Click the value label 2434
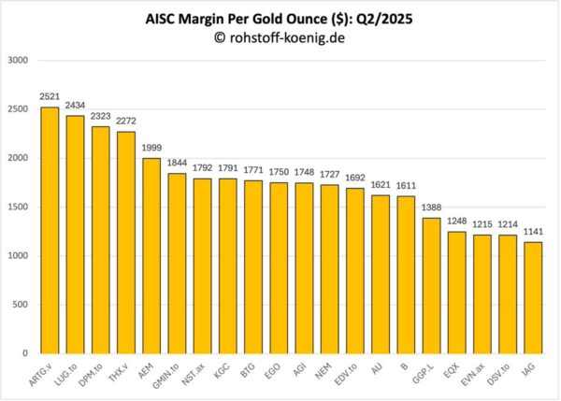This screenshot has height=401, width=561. (x=75, y=106)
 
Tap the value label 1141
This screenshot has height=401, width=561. (x=533, y=233)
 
